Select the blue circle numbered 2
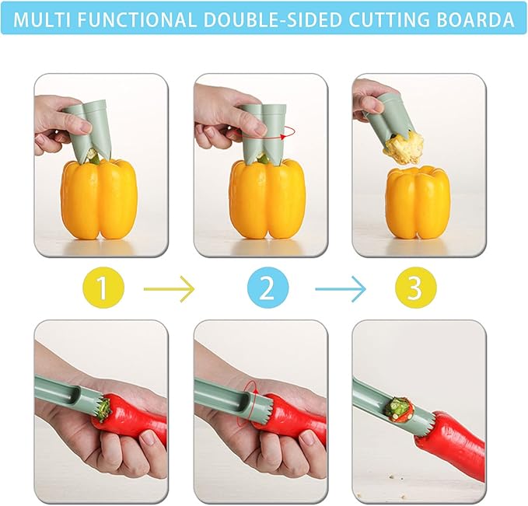(x=267, y=289)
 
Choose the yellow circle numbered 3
(x=414, y=289)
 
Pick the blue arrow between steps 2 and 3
(x=340, y=290)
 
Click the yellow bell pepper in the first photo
(x=99, y=198)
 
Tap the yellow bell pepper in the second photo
(x=265, y=198)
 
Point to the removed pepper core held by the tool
(x=404, y=145)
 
